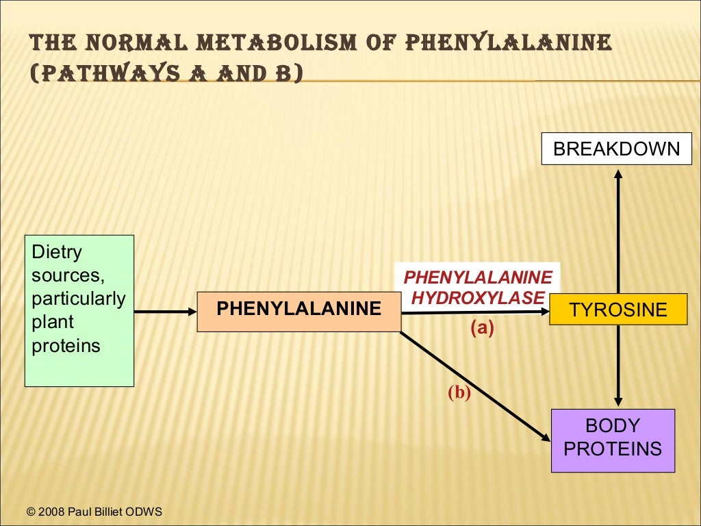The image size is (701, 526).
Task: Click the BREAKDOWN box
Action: (617, 149)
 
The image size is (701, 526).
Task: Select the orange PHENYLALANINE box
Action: (298, 312)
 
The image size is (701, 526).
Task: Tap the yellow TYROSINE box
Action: (618, 310)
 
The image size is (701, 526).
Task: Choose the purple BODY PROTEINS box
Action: (613, 440)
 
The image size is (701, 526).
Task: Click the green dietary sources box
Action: (79, 311)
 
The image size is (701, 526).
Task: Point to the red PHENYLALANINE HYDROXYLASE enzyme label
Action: (478, 288)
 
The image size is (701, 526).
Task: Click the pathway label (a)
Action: (482, 328)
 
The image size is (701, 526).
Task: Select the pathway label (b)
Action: (459, 392)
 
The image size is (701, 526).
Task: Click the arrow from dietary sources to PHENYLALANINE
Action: (165, 312)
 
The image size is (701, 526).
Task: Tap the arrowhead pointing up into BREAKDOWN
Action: (618, 175)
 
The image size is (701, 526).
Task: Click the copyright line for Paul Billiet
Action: (94, 512)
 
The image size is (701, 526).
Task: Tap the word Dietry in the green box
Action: (57, 252)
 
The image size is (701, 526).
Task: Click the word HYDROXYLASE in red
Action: (478, 298)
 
